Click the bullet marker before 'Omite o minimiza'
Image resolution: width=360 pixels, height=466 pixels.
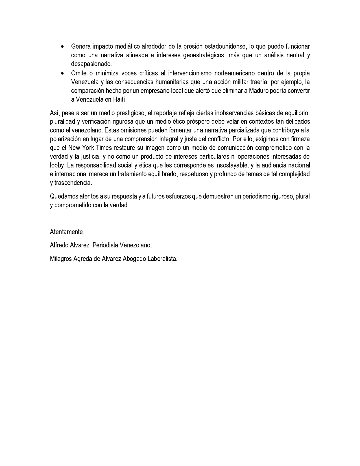pyautogui.click(x=62, y=73)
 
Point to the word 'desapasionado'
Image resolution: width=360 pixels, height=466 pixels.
pyautogui.click(x=91, y=64)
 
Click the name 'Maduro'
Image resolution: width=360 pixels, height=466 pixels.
pyautogui.click(x=258, y=91)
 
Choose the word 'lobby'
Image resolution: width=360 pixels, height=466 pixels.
pyautogui.click(x=57, y=165)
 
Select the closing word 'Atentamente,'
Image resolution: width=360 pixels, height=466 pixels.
pyautogui.click(x=67, y=232)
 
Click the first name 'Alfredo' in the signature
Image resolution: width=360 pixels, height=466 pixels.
pyautogui.click(x=59, y=245)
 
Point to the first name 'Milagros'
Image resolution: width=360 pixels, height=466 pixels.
pyautogui.click(x=61, y=259)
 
